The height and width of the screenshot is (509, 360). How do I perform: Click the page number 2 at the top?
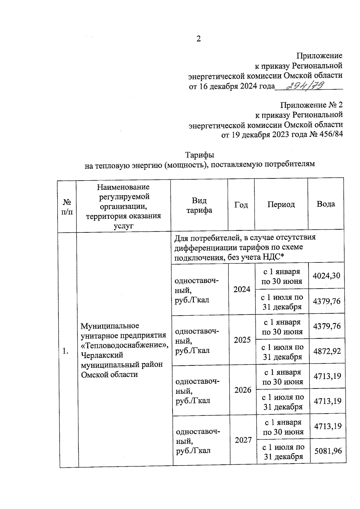[198, 39]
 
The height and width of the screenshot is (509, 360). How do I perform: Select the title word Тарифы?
[199, 155]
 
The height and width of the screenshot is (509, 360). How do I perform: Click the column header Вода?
[326, 204]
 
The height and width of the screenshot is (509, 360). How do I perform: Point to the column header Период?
[281, 205]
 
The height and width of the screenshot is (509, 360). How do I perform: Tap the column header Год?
[241, 205]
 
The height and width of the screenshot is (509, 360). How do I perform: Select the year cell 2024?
[242, 289]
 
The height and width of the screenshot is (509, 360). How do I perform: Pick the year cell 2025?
[242, 340]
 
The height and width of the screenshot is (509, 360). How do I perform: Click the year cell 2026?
[243, 390]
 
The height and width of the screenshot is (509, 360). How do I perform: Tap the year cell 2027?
[243, 440]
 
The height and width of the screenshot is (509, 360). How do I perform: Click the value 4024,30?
[326, 276]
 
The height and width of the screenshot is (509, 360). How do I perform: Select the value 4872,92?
[327, 351]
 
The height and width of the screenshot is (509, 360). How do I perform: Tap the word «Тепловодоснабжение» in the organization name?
[125, 345]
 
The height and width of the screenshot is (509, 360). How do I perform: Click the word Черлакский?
[102, 355]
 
